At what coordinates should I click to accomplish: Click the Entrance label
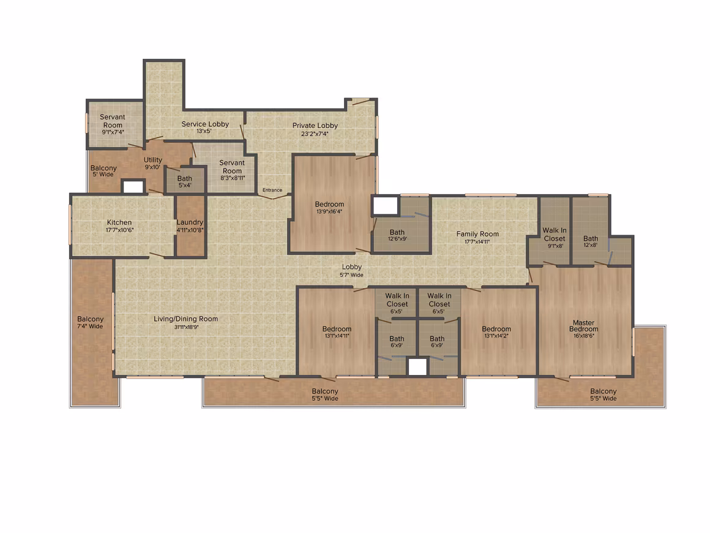[x=272, y=191]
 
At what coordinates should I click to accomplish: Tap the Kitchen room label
[x=119, y=222]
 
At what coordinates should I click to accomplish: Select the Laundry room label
[x=190, y=222]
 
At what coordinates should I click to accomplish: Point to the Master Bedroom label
[x=584, y=326]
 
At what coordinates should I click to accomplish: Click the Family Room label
[x=477, y=234]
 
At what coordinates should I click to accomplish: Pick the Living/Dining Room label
[x=185, y=319]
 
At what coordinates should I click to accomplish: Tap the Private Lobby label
[x=315, y=126]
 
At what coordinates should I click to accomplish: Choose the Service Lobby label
[x=205, y=124]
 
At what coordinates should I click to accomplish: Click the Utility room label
[x=153, y=160]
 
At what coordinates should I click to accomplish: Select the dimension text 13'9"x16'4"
[x=330, y=211]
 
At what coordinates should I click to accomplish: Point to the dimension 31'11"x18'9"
[x=185, y=327]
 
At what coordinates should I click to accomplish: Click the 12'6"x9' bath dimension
[x=397, y=240]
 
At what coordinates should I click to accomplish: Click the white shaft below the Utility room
[x=133, y=187]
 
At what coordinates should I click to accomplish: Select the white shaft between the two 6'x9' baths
[x=417, y=367]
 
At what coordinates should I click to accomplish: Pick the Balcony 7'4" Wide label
[x=90, y=322]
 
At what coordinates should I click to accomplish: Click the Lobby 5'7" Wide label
[x=352, y=271]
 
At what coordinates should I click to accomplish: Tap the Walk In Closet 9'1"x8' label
[x=555, y=238]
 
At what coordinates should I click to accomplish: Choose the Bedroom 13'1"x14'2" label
[x=496, y=332]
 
